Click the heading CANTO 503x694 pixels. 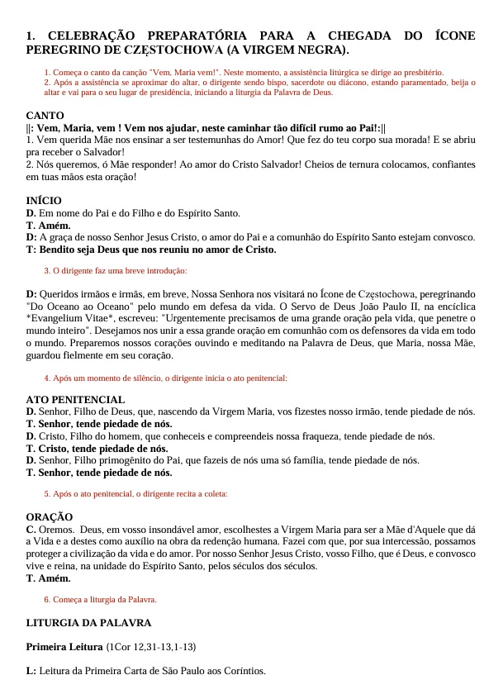[x=45, y=116]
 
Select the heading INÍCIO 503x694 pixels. [x=44, y=201]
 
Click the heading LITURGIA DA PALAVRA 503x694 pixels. [x=88, y=622]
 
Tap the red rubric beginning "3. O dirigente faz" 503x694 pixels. [x=115, y=270]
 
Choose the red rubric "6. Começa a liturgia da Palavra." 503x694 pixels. [x=100, y=599]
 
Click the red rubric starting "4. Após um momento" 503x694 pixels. [x=165, y=378]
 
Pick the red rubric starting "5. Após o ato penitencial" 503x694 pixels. [x=135, y=493]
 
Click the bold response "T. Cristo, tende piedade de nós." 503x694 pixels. [x=97, y=449]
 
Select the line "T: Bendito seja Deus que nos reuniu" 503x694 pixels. [x=151, y=249]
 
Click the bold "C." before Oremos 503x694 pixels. [x=31, y=530]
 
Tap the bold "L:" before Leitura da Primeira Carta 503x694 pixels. [x=31, y=671]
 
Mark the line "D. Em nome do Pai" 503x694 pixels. [x=133, y=213]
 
